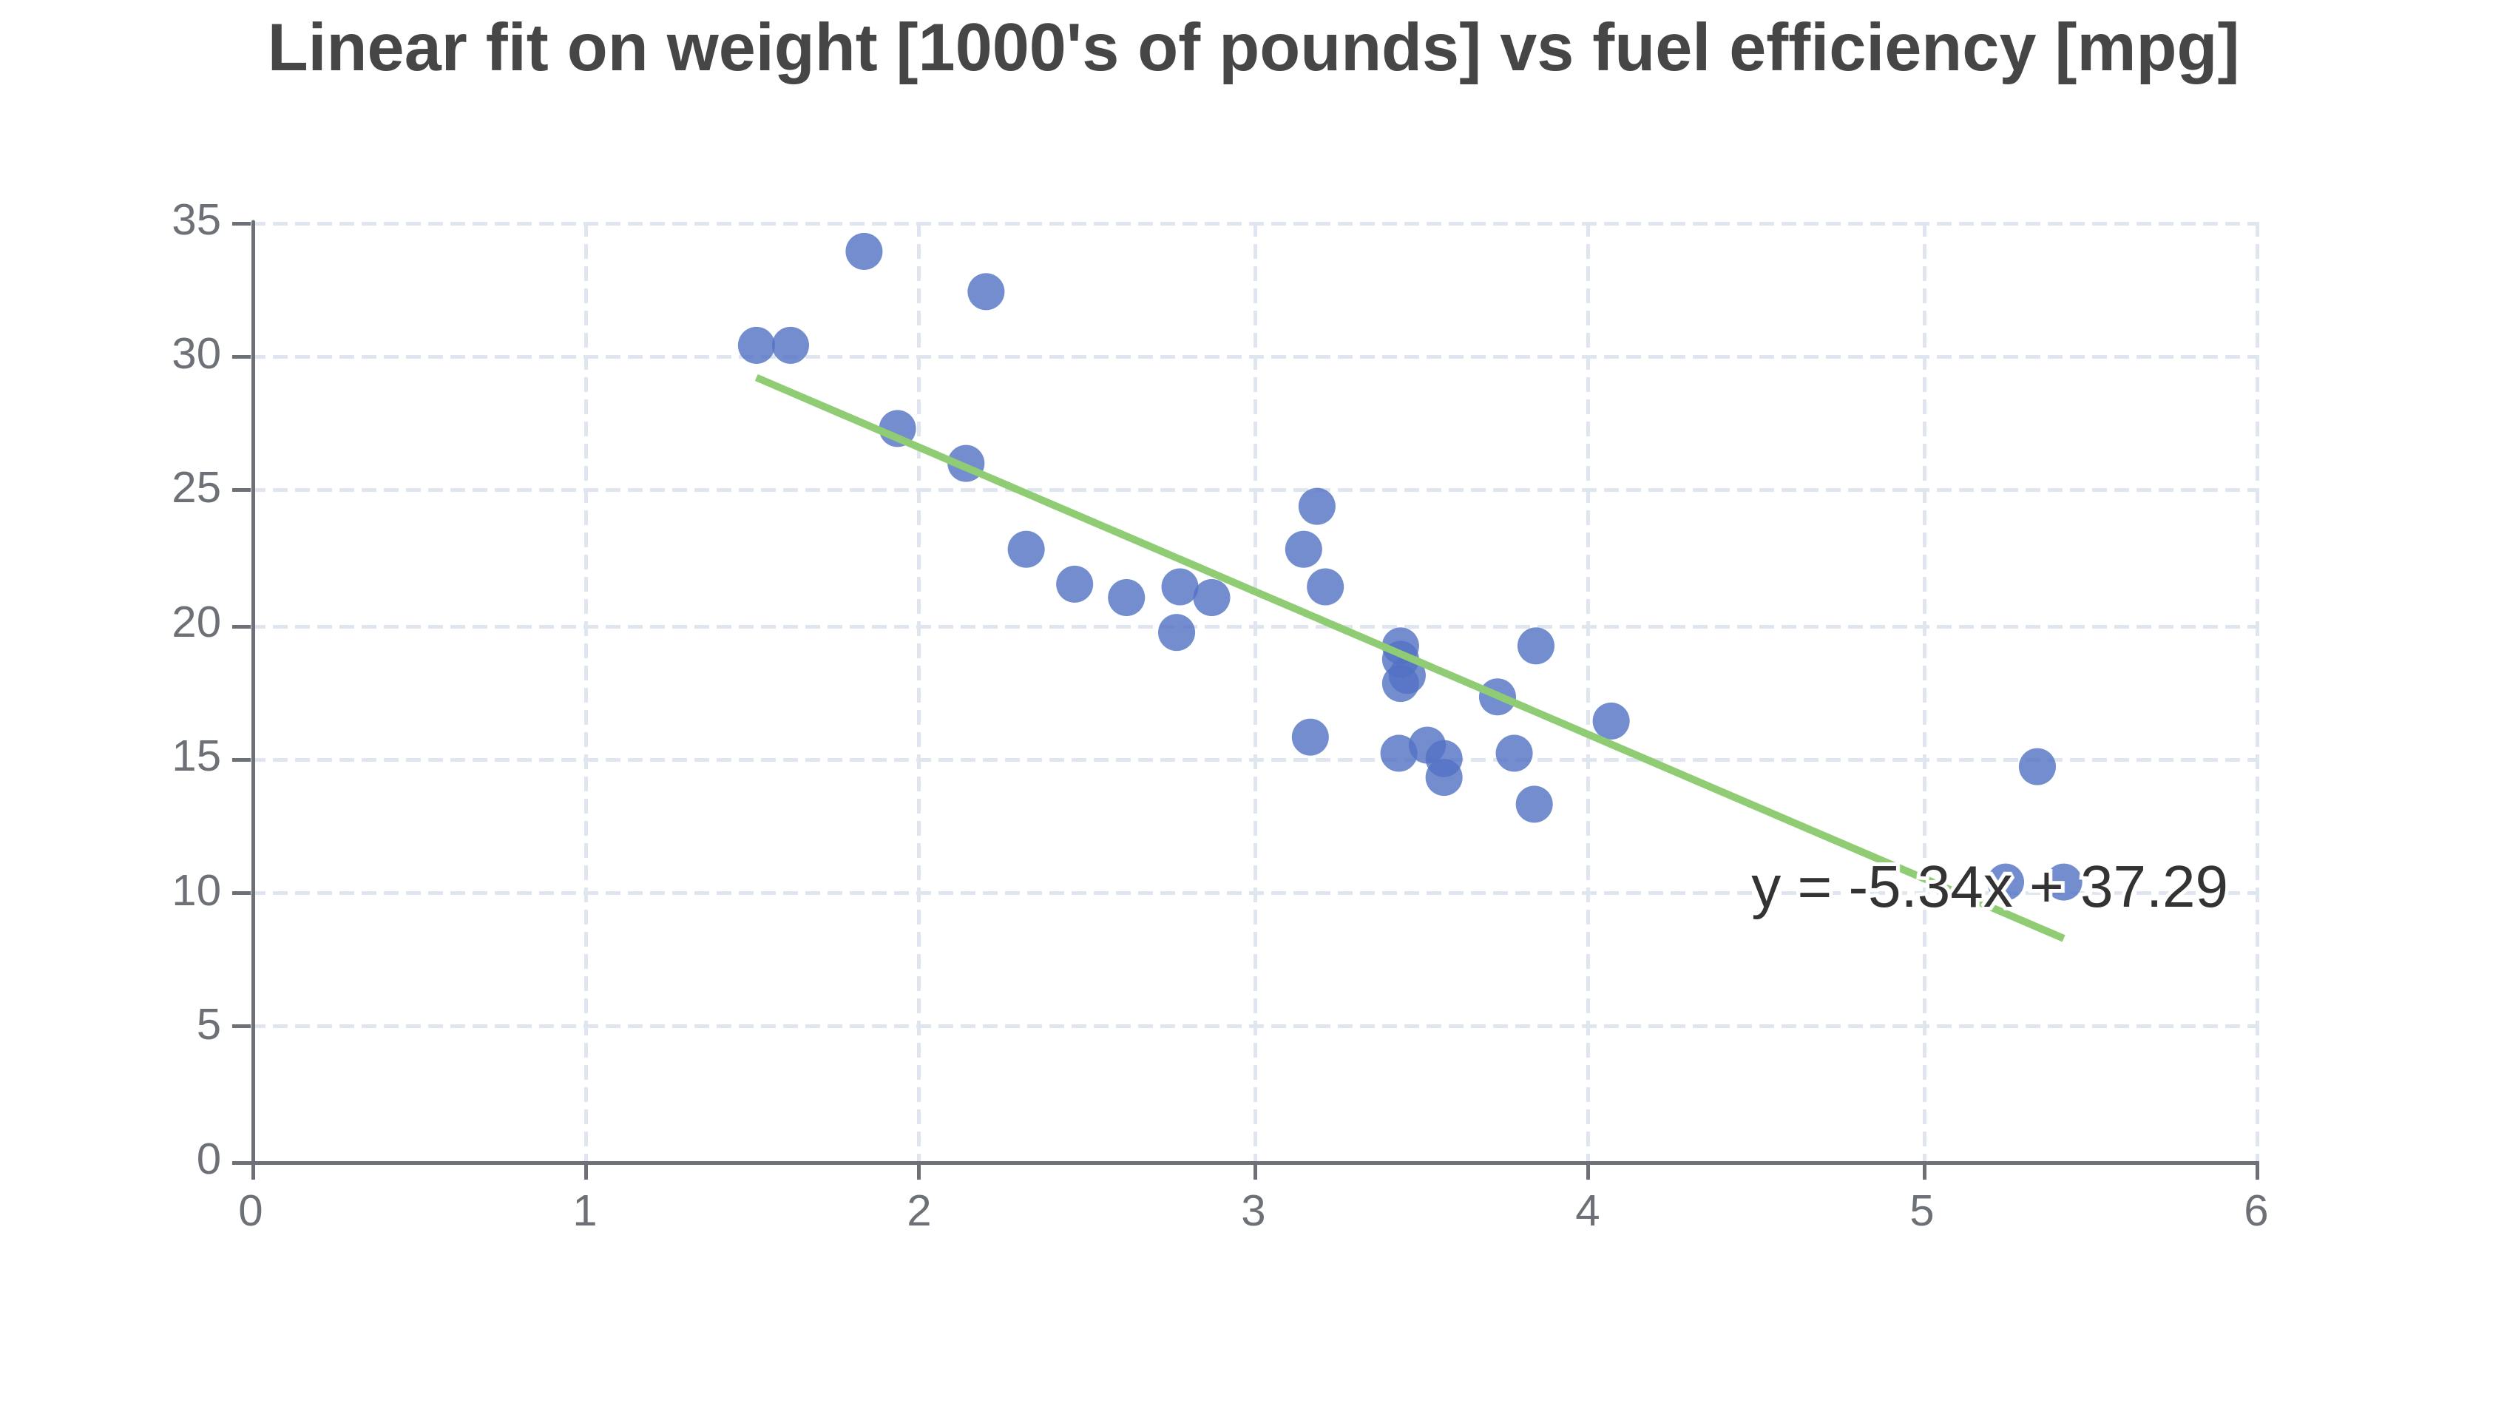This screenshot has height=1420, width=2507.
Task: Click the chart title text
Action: pos(1253,49)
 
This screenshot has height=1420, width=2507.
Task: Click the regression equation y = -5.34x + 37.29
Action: pos(1989,888)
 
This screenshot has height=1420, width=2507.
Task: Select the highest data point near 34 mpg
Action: pos(864,251)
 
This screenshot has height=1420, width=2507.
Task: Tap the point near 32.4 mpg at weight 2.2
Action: pos(986,291)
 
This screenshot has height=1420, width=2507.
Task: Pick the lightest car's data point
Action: pos(756,345)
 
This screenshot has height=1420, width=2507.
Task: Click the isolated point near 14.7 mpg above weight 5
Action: pos(2037,766)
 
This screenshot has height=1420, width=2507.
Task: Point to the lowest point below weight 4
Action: pos(1534,805)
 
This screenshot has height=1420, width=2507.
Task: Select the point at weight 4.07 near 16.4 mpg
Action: pos(1611,722)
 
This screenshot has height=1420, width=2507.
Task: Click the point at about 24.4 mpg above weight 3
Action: pos(1316,506)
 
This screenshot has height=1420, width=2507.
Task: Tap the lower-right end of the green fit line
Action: pos(2060,937)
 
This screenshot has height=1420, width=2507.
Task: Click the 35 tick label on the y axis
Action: pos(196,221)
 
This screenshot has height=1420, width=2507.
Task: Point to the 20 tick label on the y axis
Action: pos(196,624)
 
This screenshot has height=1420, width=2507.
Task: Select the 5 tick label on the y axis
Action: pos(209,1026)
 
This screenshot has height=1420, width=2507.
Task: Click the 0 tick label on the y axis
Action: pos(209,1160)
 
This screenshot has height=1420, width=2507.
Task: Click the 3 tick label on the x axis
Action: pos(1253,1212)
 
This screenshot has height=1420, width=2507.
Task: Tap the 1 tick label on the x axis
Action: pos(585,1212)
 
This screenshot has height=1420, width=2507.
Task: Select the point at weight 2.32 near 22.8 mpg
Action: pos(1026,549)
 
